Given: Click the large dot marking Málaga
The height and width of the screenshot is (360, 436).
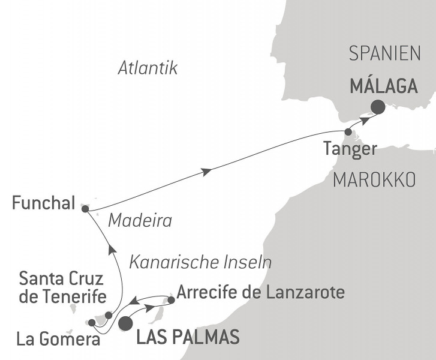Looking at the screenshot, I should click(378, 107).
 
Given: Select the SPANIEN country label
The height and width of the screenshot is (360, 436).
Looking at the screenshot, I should click(384, 55).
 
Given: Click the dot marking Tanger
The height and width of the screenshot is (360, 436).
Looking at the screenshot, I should click(348, 131).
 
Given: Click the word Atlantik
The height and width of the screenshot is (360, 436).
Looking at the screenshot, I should click(148, 69).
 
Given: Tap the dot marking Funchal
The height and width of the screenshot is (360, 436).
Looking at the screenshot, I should click(85, 209).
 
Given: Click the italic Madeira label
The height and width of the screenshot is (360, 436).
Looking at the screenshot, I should click(140, 221).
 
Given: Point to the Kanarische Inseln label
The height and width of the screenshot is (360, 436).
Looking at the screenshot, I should click(200, 262).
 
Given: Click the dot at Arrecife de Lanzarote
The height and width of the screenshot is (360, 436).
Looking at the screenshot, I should click(171, 299).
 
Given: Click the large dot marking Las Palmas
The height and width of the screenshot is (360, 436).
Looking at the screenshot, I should click(126, 324).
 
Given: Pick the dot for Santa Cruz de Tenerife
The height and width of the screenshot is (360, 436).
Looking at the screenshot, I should click(109, 315).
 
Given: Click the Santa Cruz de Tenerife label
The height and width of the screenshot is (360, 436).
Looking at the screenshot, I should click(63, 288).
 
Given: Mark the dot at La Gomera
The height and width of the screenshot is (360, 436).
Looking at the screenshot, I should click(91, 322).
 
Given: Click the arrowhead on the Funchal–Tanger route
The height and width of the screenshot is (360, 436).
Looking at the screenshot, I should click(207, 172).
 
